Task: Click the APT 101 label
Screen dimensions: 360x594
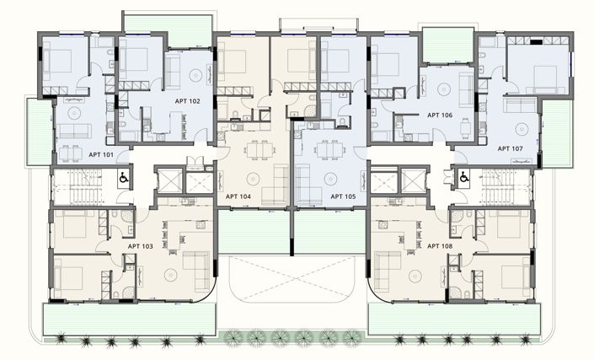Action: click(101, 155)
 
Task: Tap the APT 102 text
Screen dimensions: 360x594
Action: click(189, 101)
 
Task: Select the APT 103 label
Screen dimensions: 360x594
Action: click(141, 246)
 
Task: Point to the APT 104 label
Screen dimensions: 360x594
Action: click(238, 196)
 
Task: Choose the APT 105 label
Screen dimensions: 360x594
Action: click(343, 196)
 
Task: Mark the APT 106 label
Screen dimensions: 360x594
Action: click(440, 115)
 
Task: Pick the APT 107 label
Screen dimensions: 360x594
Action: click(510, 148)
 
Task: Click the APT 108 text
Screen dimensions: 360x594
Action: click(440, 246)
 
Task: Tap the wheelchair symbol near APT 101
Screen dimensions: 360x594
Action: click(123, 178)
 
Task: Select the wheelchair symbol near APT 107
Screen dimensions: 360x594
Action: click(463, 178)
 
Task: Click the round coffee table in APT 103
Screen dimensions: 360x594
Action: click(168, 271)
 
